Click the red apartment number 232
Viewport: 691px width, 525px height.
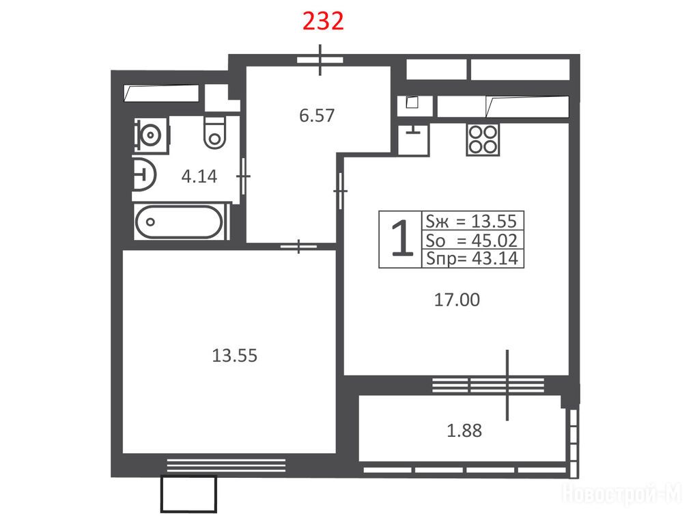tap(323, 21)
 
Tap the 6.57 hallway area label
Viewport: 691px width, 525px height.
tap(317, 116)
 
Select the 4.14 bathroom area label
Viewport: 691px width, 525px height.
tap(199, 176)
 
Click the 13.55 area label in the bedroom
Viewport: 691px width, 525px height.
tap(234, 355)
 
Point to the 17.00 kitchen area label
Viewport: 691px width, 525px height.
tap(457, 300)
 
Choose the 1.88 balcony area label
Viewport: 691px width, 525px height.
tap(464, 430)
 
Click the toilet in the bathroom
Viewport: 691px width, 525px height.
tap(215, 132)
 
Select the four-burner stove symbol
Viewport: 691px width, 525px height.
tap(483, 140)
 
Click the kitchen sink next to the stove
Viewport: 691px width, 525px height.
tap(413, 139)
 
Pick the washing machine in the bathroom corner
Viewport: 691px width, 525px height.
tap(151, 134)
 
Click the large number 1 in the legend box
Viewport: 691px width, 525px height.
tap(402, 239)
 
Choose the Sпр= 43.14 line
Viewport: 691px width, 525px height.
tap(472, 258)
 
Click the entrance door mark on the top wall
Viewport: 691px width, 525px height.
tap(320, 60)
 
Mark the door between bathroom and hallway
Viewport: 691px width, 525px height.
tap(243, 176)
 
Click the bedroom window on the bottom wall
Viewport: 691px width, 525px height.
tap(226, 466)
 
